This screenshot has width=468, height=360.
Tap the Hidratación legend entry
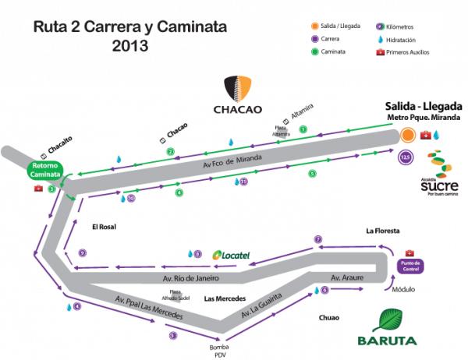pyautogui.click(x=398, y=38)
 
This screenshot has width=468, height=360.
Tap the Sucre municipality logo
pyautogui.click(x=440, y=175)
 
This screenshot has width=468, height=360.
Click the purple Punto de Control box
pyautogui.click(x=410, y=264)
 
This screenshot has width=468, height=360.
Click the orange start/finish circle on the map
pyautogui.click(x=407, y=135)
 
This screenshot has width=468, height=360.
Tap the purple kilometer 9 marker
pyautogui.click(x=82, y=252)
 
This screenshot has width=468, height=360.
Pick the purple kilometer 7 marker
pyautogui.click(x=317, y=238)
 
